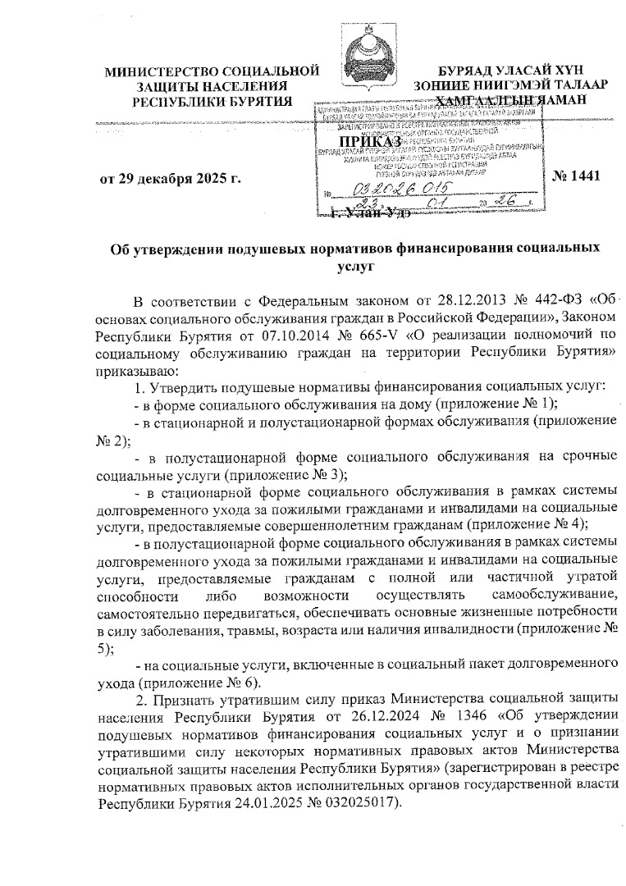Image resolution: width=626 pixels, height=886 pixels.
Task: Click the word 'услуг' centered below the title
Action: [354, 265]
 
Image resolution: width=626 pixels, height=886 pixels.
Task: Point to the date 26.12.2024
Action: [356, 715]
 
